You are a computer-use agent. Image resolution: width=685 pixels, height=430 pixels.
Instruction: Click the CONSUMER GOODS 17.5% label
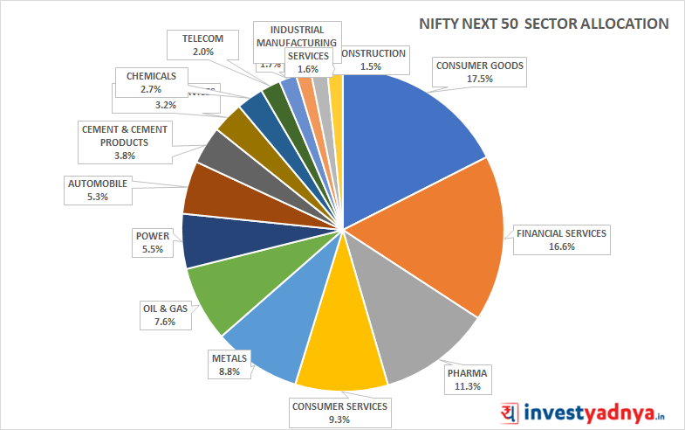click(x=479, y=72)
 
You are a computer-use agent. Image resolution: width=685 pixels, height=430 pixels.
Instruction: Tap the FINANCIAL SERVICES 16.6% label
click(x=561, y=240)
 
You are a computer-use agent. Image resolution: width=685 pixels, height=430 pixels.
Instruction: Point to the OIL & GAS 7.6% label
click(x=165, y=315)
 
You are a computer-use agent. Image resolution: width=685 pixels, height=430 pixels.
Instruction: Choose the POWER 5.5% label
click(x=153, y=243)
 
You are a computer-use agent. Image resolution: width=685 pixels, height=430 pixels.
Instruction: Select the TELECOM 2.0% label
click(x=203, y=45)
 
